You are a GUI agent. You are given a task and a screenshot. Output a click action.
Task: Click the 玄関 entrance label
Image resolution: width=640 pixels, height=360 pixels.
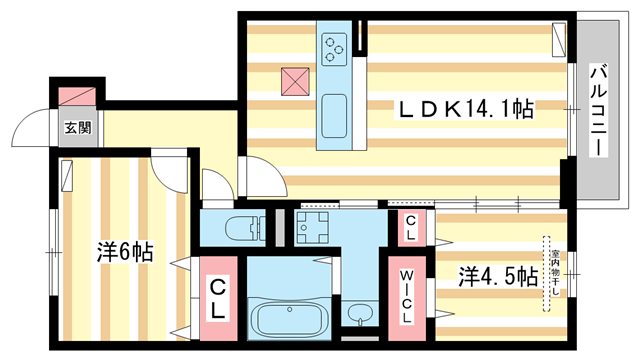point(79,127)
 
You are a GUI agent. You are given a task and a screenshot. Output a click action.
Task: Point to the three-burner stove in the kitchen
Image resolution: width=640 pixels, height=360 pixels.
point(333,46)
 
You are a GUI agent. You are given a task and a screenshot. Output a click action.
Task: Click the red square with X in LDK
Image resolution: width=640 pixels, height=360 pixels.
point(294,77)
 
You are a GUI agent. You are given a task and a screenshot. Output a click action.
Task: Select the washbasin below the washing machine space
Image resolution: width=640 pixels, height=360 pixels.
point(361,315)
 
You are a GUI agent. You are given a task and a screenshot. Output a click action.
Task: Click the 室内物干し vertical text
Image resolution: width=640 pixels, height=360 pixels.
point(548,272)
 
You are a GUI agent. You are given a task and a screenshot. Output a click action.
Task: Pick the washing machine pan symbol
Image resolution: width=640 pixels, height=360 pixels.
point(316,227)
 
